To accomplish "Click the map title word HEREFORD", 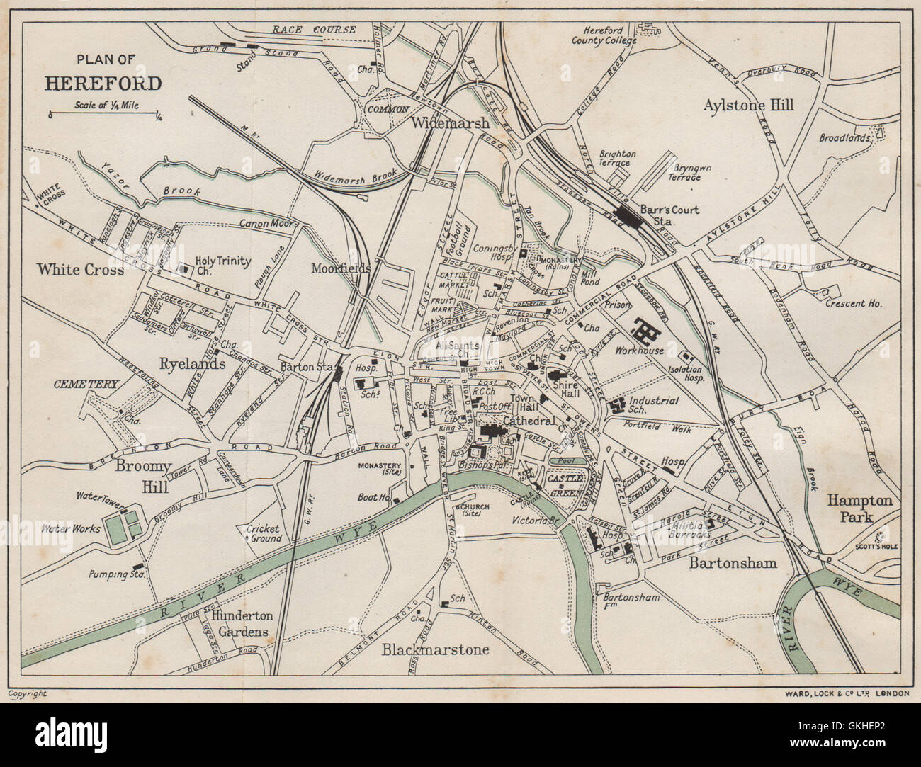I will pos(103,84).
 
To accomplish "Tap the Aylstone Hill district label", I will pos(749,105).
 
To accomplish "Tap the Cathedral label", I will pos(524,421).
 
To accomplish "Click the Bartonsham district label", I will pos(733,562).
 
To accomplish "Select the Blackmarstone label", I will pos(436,649).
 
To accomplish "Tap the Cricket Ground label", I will pos(263,533).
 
